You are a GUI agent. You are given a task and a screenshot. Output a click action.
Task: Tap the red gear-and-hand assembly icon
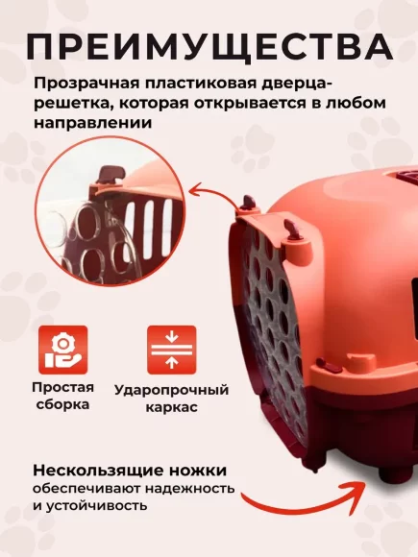tap(62, 350)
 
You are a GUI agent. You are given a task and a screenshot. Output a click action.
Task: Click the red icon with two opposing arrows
tap(171, 350)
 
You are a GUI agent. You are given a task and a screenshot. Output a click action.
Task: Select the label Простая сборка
tap(62, 396)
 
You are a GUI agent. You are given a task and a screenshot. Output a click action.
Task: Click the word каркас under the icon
tap(171, 407)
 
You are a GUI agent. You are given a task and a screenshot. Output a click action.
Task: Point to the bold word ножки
tap(199, 471)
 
